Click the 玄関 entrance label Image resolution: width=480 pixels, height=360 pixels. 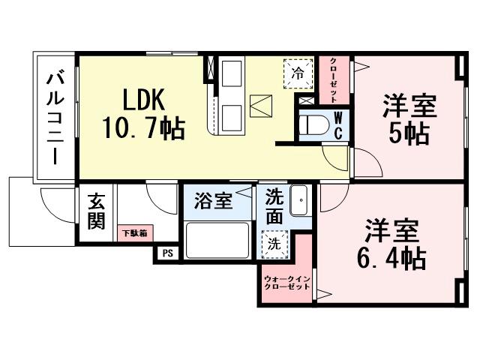click(x=96, y=211)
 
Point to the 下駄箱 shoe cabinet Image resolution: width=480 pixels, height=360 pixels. click(x=135, y=233)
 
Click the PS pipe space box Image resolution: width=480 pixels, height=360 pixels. click(x=167, y=253)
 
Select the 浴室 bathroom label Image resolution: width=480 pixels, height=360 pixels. click(x=214, y=202)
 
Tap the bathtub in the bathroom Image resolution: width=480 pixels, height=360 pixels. click(x=217, y=240)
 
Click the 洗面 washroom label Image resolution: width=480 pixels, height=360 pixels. click(x=274, y=205)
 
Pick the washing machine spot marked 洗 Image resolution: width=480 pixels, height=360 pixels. click(x=274, y=242)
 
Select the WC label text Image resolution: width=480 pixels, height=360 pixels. click(x=338, y=125)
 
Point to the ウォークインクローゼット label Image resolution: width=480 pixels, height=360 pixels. click(x=286, y=283)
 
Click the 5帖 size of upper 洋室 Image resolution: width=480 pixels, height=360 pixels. click(x=407, y=133)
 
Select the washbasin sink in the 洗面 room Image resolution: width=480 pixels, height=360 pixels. click(x=299, y=201)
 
